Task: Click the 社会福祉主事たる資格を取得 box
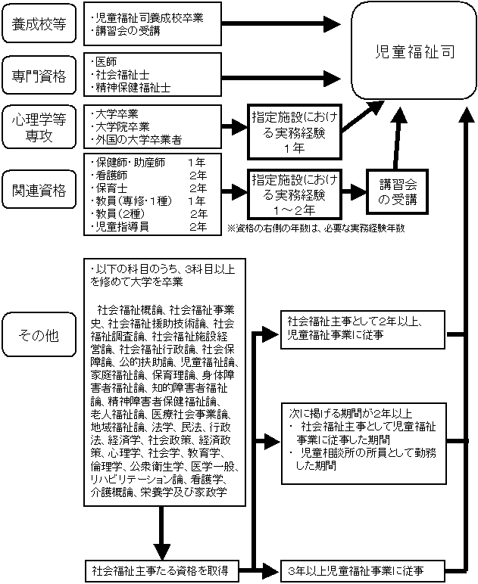coord(160,569)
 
